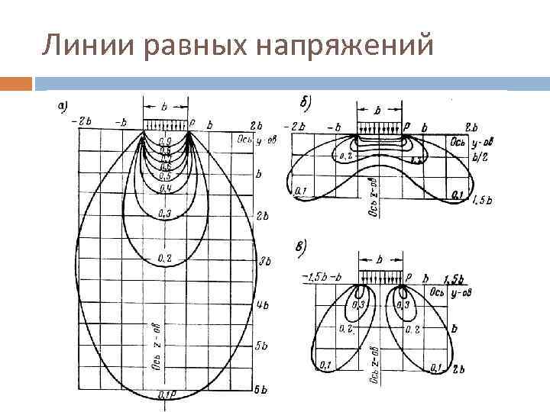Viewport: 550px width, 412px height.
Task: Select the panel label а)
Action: coord(66,106)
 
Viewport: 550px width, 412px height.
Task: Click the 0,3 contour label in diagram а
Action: coord(164,213)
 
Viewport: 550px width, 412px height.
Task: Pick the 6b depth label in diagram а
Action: coord(260,390)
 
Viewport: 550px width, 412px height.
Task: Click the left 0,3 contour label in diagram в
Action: coord(357,305)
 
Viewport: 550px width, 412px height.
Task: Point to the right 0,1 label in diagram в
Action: coord(437,369)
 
